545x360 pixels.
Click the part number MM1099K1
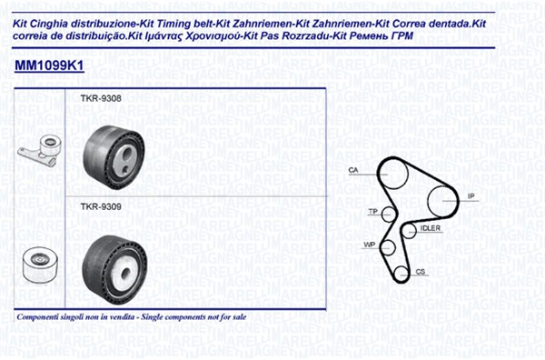(49, 65)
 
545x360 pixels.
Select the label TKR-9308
(101, 98)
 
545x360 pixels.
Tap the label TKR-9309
(101, 206)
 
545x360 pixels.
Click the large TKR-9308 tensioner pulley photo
(114, 157)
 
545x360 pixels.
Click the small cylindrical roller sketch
(39, 265)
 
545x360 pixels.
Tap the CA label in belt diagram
(353, 170)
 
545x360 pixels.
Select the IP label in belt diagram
(471, 196)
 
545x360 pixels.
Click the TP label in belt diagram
(373, 211)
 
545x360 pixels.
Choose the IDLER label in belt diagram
(431, 228)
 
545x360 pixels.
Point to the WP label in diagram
(369, 245)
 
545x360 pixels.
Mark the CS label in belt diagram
(421, 271)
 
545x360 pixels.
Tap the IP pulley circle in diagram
(428, 201)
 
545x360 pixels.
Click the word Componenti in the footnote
(36, 317)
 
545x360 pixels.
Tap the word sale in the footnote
(240, 317)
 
